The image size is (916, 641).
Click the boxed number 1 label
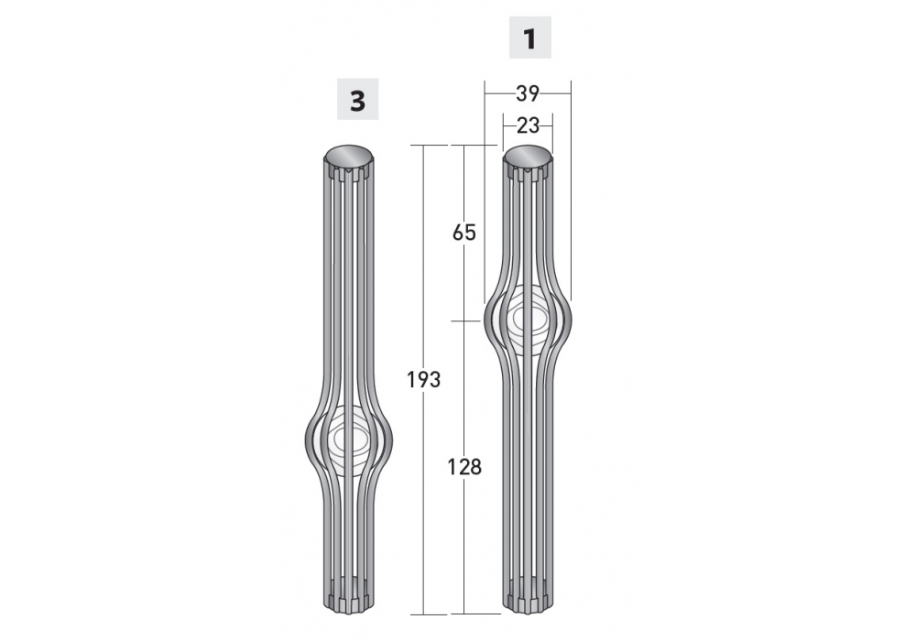[x=529, y=38]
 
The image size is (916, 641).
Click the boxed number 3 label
[x=357, y=99]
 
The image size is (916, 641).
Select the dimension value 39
[x=528, y=92]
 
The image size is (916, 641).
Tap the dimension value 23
[x=529, y=125]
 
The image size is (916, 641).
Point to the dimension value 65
[x=464, y=233]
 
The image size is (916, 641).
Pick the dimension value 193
[x=423, y=380]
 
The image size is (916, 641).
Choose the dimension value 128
[x=464, y=467]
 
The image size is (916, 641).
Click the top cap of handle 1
[x=529, y=157]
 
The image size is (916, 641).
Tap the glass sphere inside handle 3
[x=349, y=438]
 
